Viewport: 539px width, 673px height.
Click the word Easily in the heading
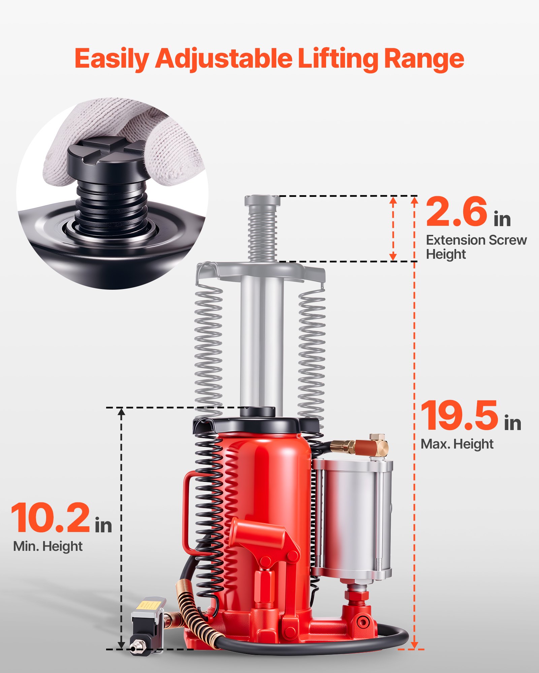[112, 59]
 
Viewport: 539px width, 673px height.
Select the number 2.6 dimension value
[457, 212]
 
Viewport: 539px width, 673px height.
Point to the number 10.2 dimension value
[51, 518]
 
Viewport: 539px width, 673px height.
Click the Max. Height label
[457, 445]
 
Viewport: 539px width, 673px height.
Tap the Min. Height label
[47, 546]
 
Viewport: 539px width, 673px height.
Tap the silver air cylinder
[354, 518]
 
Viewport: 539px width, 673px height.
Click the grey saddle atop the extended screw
[262, 201]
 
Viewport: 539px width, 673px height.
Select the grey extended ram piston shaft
[262, 340]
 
